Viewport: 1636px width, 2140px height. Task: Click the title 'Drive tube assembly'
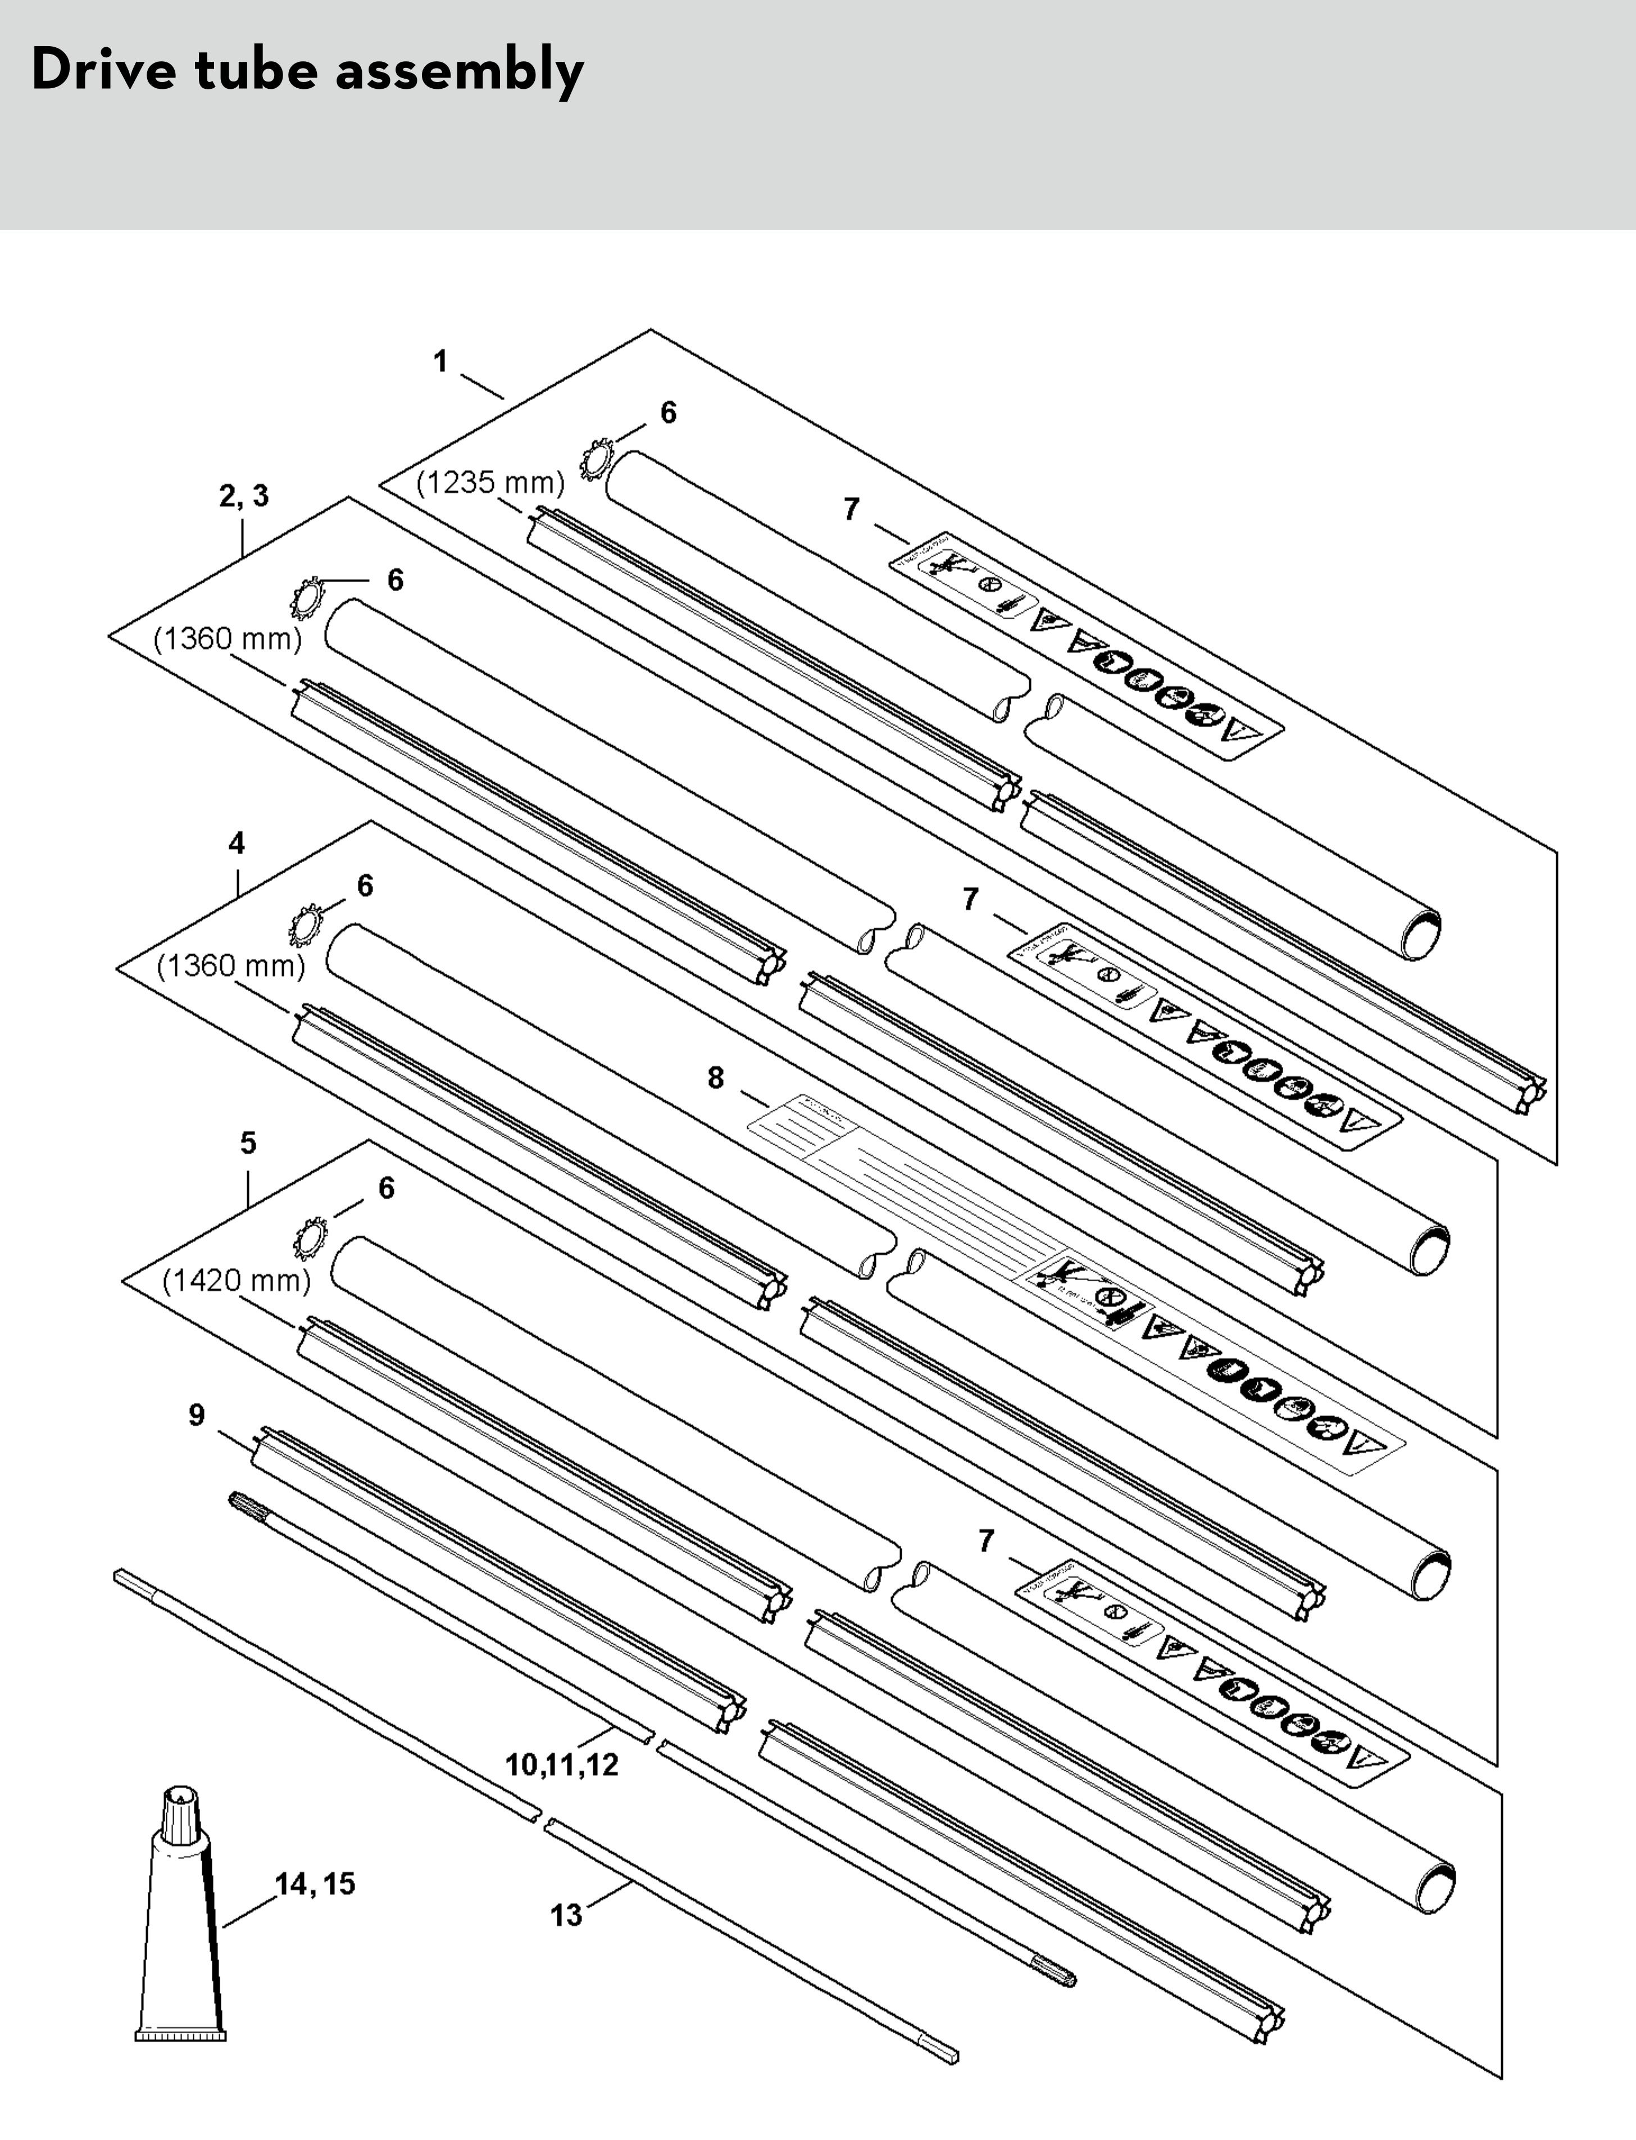pyautogui.click(x=308, y=71)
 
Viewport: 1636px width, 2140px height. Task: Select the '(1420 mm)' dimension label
pyautogui.click(x=237, y=1280)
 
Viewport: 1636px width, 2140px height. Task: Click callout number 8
pyautogui.click(x=716, y=1078)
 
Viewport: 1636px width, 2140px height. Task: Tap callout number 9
pyautogui.click(x=197, y=1415)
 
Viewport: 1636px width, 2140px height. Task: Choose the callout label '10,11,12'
pyautogui.click(x=562, y=1765)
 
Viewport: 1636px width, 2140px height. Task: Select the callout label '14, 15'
pyautogui.click(x=315, y=1884)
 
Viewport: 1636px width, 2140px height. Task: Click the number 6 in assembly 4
pyautogui.click(x=365, y=886)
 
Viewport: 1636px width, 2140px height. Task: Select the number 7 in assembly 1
pyautogui.click(x=852, y=510)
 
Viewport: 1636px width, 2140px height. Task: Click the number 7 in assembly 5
pyautogui.click(x=987, y=1541)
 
